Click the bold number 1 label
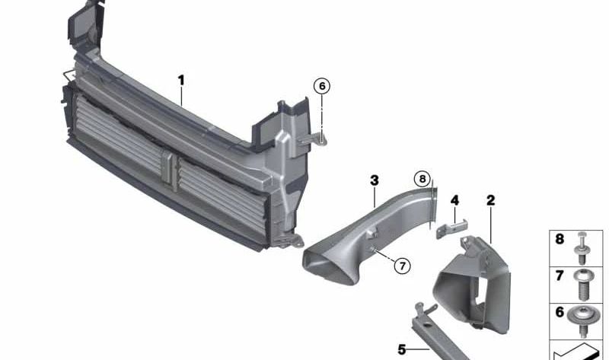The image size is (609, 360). tap(181, 81)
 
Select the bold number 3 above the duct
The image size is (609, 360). tap(374, 180)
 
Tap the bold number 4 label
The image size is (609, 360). tap(454, 200)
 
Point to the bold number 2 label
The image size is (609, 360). tap(490, 200)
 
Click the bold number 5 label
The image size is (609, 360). tap(402, 350)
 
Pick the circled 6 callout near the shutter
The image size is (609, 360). tap(322, 86)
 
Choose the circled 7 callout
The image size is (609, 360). tap(402, 266)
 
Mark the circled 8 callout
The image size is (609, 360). tap(422, 179)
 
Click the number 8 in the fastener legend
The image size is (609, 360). tap(560, 239)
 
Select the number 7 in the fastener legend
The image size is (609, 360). tap(560, 276)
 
